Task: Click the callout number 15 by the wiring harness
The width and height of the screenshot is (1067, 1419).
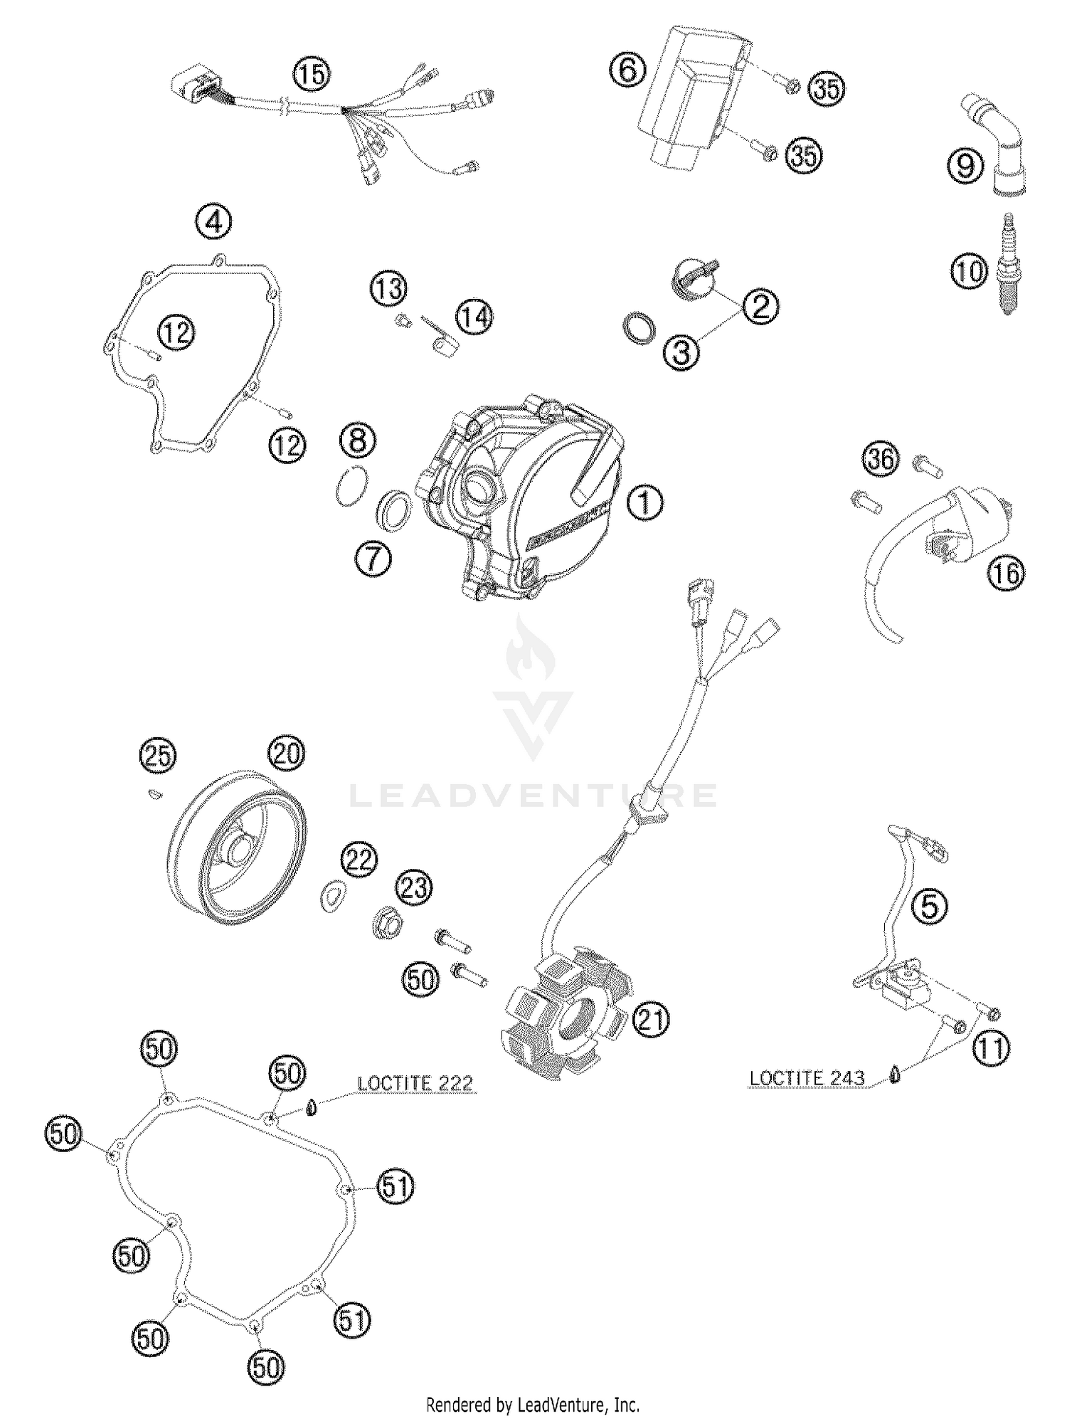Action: [x=312, y=75]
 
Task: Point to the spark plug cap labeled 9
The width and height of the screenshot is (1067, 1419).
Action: [x=999, y=146]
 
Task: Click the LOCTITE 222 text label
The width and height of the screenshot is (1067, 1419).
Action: [x=415, y=1084]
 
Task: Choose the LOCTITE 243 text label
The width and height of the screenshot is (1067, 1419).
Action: [x=807, y=1078]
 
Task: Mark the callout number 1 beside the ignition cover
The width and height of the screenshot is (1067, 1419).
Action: [x=645, y=502]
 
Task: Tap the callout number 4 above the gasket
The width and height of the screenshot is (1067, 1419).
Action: [x=213, y=223]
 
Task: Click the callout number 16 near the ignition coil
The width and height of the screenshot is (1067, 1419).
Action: [x=1006, y=573]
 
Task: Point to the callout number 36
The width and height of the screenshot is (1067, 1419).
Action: [x=881, y=458]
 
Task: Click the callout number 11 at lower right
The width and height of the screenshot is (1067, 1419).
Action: [x=991, y=1048]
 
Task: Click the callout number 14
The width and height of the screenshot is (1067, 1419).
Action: [x=474, y=317]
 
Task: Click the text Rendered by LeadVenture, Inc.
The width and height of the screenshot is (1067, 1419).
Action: [x=532, y=1405]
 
